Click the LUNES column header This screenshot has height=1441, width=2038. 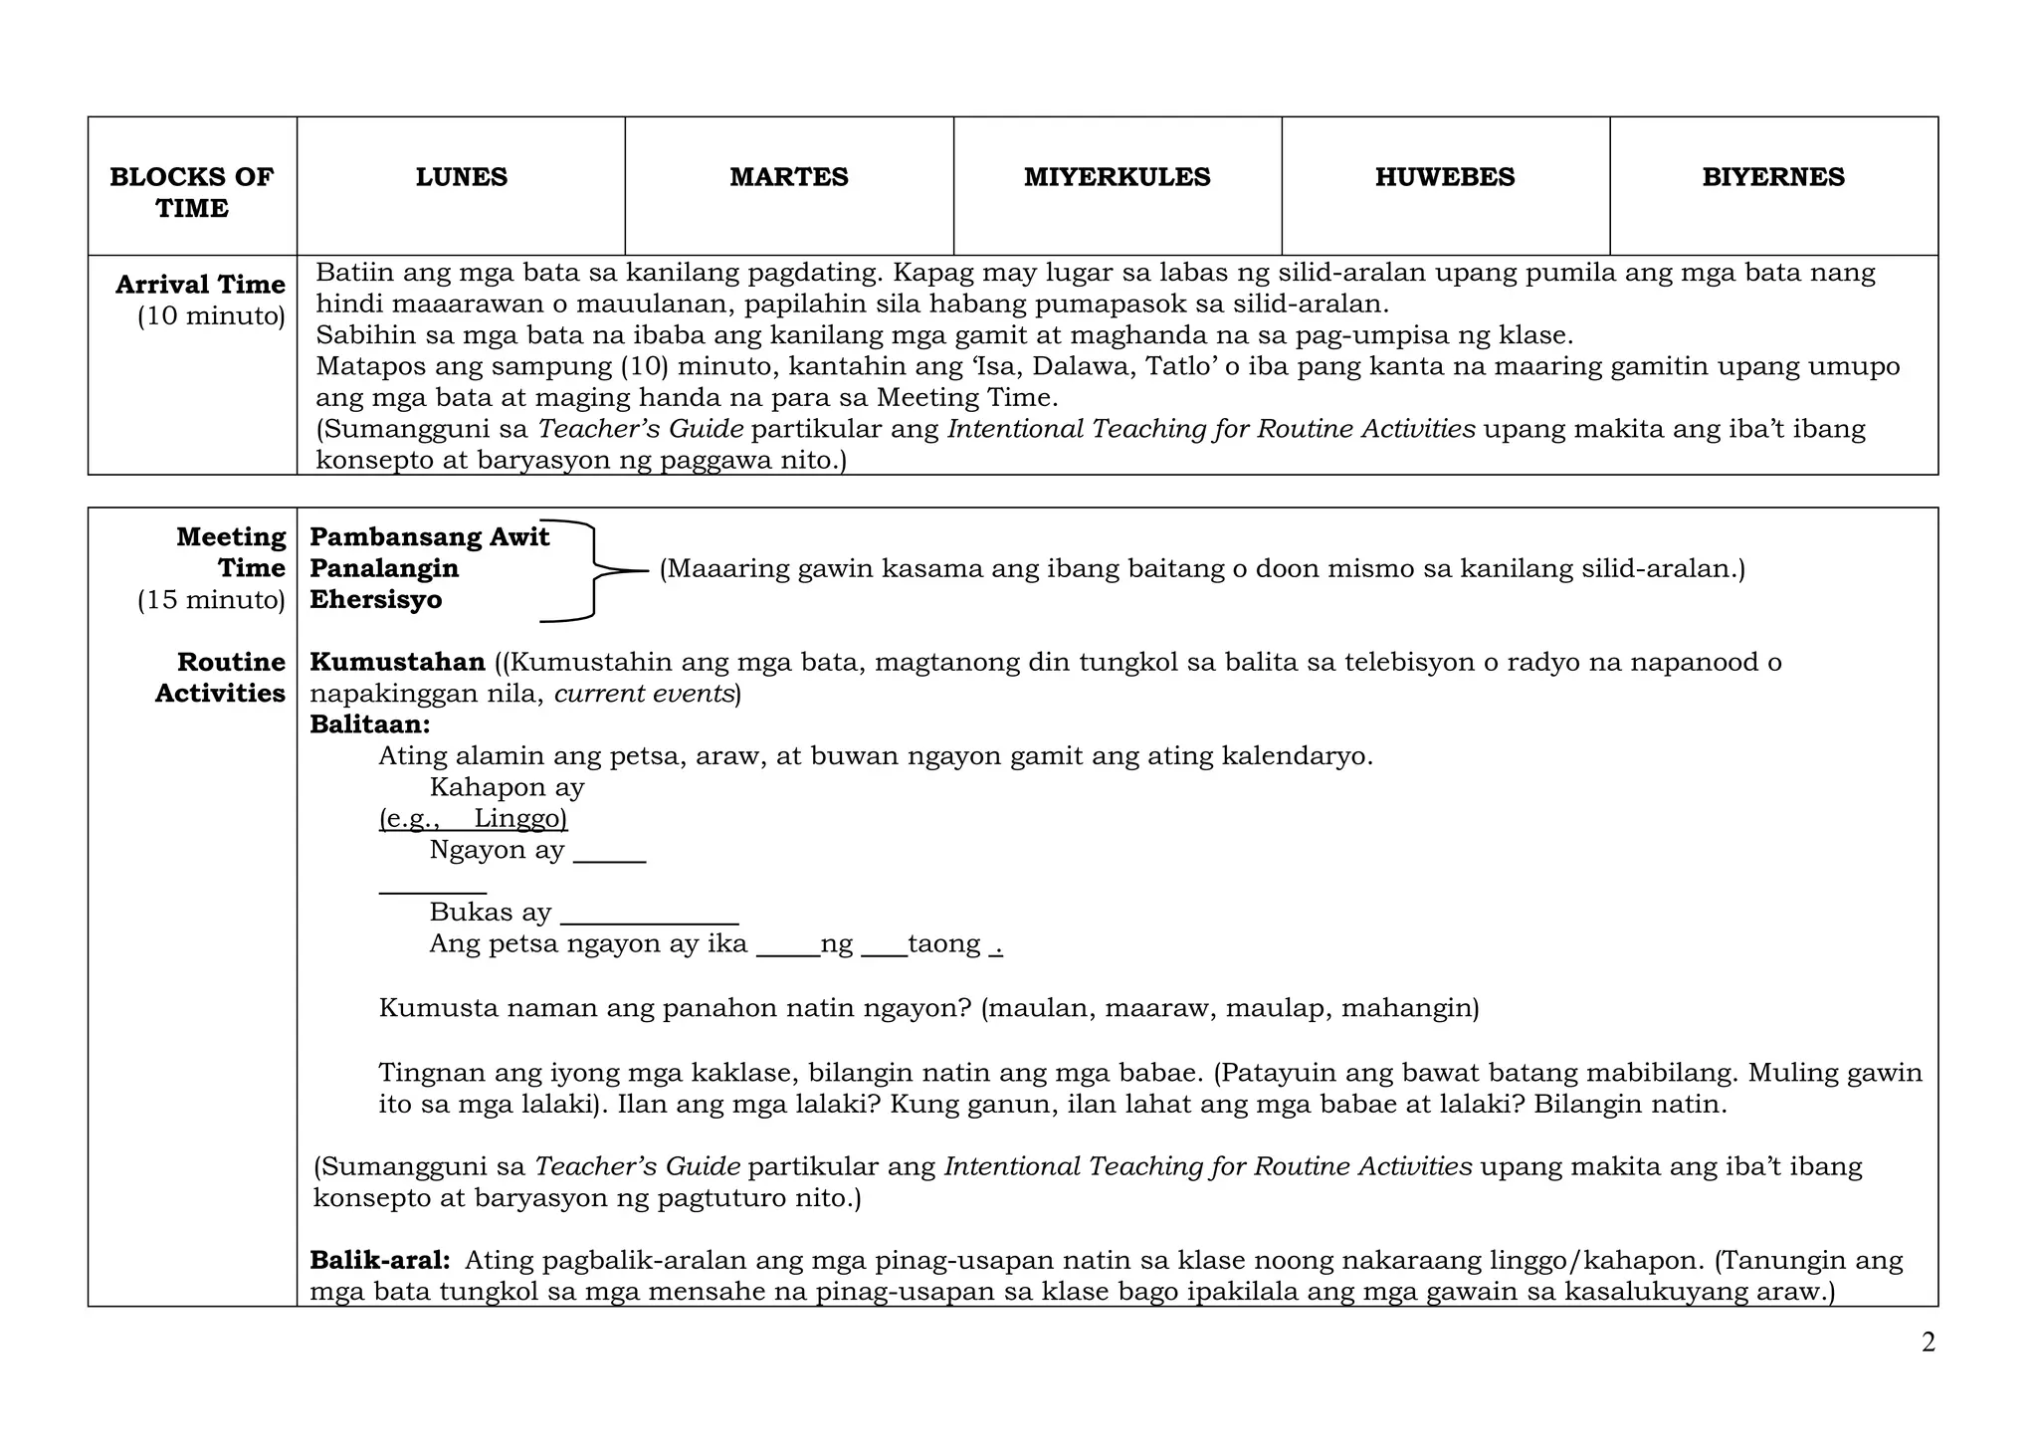point(461,177)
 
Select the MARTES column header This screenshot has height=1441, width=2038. point(788,177)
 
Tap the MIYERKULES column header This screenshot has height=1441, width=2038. point(1117,177)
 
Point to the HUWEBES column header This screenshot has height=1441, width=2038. point(1445,177)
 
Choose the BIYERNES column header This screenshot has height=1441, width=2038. point(1773,177)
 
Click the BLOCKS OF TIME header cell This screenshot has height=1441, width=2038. point(191,192)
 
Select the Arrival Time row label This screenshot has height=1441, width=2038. point(200,285)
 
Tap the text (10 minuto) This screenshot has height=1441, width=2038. point(211,316)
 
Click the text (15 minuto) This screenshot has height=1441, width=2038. point(211,600)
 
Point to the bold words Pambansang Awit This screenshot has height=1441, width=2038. point(429,537)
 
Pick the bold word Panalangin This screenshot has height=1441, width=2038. point(384,568)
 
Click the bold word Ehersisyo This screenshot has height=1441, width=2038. point(375,600)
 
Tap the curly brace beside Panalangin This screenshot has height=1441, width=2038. point(595,570)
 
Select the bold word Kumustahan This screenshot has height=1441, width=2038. point(397,662)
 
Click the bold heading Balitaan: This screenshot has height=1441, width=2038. point(369,724)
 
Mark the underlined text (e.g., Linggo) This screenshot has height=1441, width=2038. point(473,819)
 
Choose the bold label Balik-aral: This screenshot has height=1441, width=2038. point(379,1261)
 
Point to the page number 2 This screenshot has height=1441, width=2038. point(1928,1343)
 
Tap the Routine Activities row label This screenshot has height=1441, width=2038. point(220,678)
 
